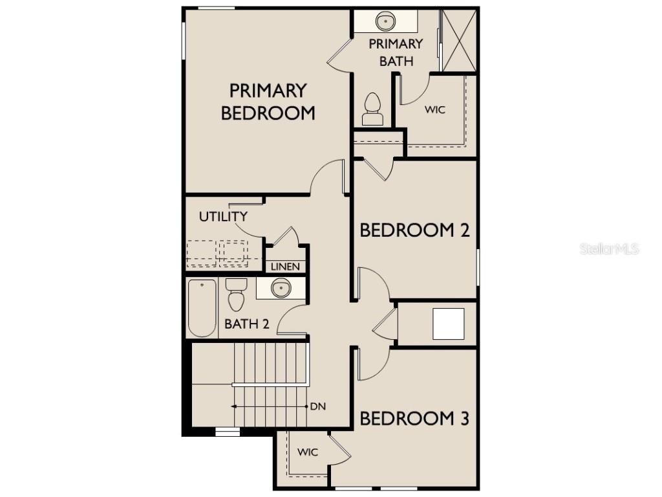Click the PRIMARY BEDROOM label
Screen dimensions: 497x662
[268, 101]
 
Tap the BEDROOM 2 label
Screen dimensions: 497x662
[414, 230]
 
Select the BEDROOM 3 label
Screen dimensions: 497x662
[414, 419]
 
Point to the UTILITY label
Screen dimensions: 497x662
[223, 217]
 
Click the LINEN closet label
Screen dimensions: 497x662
[285, 267]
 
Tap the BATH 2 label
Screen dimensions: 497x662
[246, 324]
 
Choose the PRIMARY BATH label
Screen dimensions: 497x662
[396, 52]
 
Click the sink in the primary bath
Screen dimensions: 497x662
[386, 21]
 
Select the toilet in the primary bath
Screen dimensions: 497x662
[372, 109]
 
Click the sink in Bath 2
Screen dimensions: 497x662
[281, 288]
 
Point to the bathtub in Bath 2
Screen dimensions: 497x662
[202, 308]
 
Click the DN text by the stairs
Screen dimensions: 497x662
[317, 406]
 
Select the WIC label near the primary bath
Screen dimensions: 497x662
[434, 110]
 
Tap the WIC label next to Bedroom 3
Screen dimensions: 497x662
[308, 452]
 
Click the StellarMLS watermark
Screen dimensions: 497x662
[609, 248]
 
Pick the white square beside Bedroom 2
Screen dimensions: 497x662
[448, 324]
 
